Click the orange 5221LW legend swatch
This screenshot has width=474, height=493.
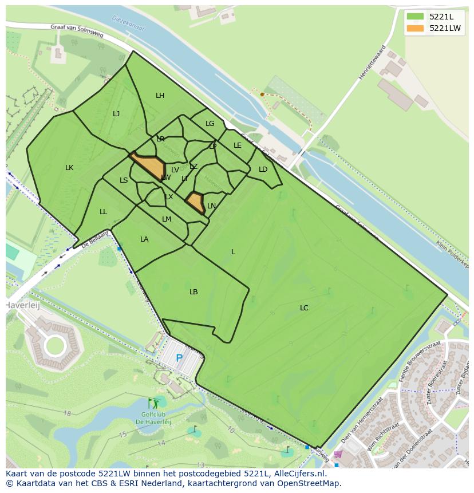pyautogui.click(x=416, y=28)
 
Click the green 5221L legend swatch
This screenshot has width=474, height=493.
pyautogui.click(x=416, y=17)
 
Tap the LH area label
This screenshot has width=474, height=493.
pyautogui.click(x=160, y=96)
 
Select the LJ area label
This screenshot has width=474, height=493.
pyautogui.click(x=116, y=114)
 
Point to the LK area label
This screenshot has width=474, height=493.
pyautogui.click(x=69, y=168)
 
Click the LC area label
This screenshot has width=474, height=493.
pyautogui.click(x=304, y=308)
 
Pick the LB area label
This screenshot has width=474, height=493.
pyautogui.click(x=193, y=292)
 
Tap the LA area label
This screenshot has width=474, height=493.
pyautogui.click(x=144, y=239)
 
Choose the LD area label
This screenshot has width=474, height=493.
pyautogui.click(x=263, y=169)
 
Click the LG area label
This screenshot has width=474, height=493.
pyautogui.click(x=210, y=124)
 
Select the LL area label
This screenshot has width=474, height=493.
pyautogui.click(x=103, y=212)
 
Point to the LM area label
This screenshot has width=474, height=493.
pyautogui.click(x=167, y=219)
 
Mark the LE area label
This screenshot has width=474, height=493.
pyautogui.click(x=238, y=145)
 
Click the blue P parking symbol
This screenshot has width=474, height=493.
pyautogui.click(x=179, y=358)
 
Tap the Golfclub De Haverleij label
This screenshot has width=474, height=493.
pyautogui.click(x=153, y=418)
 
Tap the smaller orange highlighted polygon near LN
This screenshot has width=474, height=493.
pyautogui.click(x=195, y=202)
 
